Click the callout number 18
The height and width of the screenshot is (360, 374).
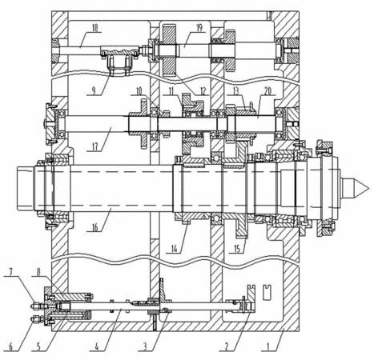point(95,28)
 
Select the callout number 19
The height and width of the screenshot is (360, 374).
point(199,28)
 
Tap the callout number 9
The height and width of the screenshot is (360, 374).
point(93,91)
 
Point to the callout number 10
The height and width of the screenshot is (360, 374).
point(139,91)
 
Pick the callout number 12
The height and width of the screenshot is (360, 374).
point(203,91)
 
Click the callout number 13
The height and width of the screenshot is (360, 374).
point(235,91)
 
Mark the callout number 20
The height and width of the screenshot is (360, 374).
point(267,91)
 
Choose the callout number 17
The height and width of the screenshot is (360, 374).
point(95,147)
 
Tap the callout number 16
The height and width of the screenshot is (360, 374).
point(95,227)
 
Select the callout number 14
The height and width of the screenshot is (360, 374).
point(174,249)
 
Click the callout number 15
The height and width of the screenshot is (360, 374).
point(237,249)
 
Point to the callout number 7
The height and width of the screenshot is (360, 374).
point(11,272)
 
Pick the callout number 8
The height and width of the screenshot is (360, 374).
point(38,272)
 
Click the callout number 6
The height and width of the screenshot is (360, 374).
point(11,346)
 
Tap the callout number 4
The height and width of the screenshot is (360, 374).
point(97,346)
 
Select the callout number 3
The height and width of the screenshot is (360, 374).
point(145,346)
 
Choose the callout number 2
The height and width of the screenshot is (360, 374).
point(227,346)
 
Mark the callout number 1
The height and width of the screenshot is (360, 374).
point(268,346)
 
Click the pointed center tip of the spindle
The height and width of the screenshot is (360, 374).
point(368,189)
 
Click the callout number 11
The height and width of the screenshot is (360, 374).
point(171,91)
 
